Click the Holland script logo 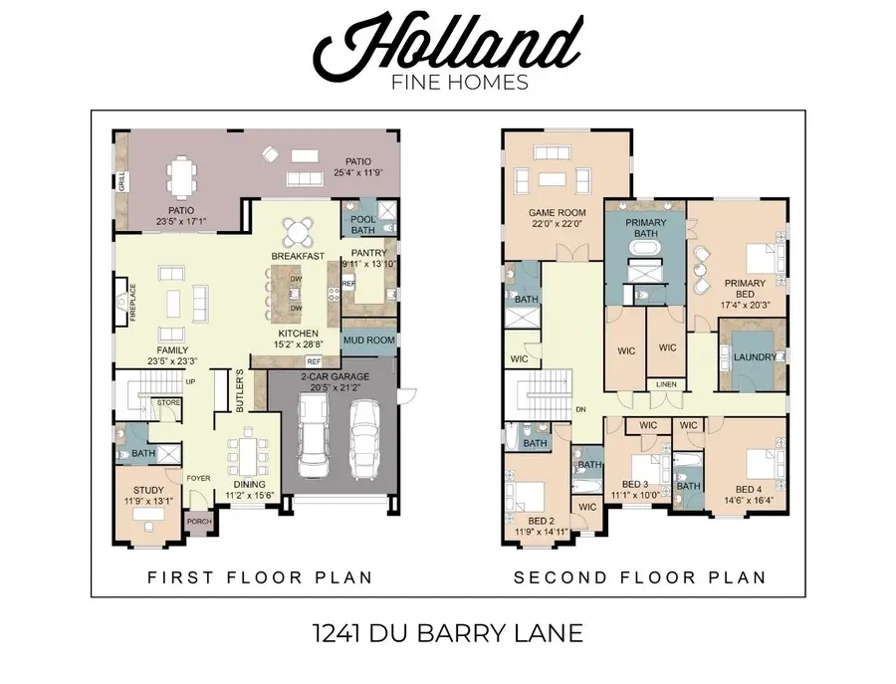point(447,43)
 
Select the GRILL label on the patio point(121,182)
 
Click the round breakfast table point(298,232)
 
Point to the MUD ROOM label point(368,341)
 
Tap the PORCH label point(199,521)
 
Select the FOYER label point(199,478)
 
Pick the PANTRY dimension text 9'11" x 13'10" point(369,264)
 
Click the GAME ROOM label point(557,212)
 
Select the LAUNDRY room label point(753,357)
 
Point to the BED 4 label point(750,488)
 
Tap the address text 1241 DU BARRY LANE point(447,631)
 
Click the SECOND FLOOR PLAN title point(639,576)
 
